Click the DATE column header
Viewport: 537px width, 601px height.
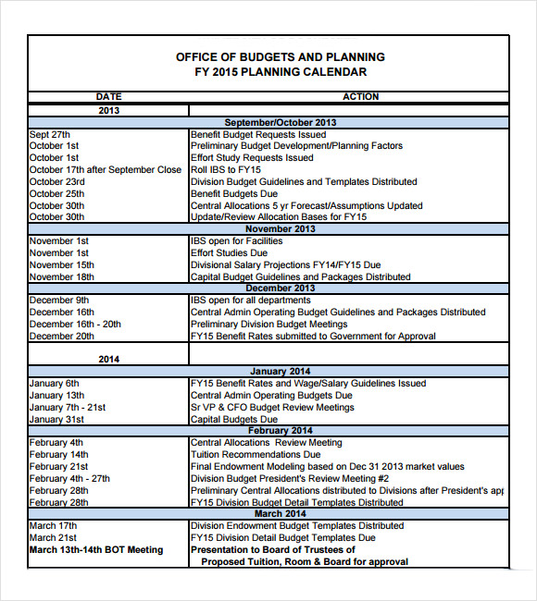(108, 96)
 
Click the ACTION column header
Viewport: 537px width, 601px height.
(360, 96)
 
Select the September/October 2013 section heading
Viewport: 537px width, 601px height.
(281, 122)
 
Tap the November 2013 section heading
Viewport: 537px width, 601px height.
(281, 228)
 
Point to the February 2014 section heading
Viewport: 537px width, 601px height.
(281, 431)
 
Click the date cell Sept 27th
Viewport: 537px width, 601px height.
(49, 134)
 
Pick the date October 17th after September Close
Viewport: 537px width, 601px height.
(106, 170)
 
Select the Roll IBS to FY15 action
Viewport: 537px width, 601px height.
(226, 170)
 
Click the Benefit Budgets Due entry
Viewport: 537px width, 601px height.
(234, 194)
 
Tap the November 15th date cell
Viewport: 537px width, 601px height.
(62, 264)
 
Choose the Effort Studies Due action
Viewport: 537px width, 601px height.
(229, 252)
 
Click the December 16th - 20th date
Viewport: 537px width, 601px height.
(75, 325)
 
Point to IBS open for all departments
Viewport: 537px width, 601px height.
(251, 300)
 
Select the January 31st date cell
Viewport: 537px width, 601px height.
(57, 419)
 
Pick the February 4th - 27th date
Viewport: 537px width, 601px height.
(69, 479)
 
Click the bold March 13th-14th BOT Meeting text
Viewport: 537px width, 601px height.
(96, 550)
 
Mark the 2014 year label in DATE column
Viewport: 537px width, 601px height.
(108, 359)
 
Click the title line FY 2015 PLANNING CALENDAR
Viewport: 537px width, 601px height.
(281, 72)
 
